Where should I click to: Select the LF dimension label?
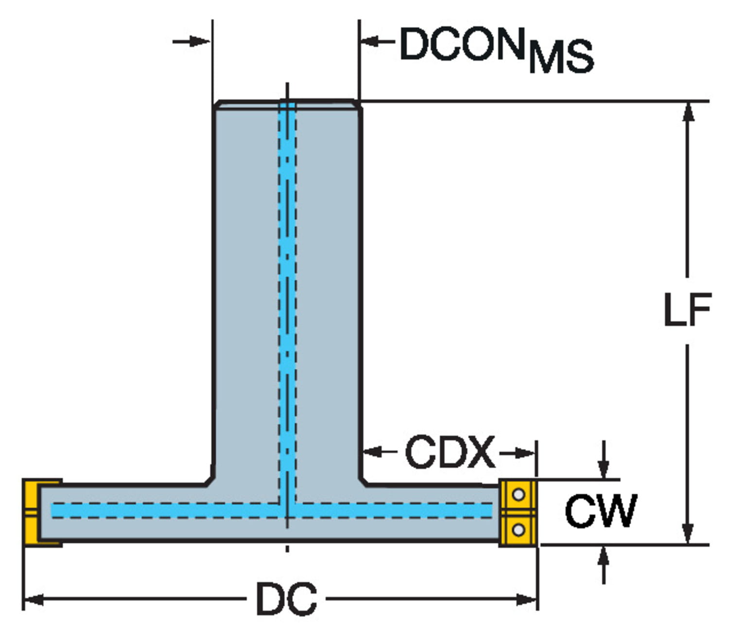(x=687, y=310)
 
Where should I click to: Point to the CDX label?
(x=450, y=453)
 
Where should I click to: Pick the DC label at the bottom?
(x=287, y=599)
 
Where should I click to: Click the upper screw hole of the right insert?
(x=519, y=495)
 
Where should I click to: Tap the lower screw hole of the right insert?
(x=519, y=529)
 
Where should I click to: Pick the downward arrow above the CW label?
(x=603, y=469)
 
